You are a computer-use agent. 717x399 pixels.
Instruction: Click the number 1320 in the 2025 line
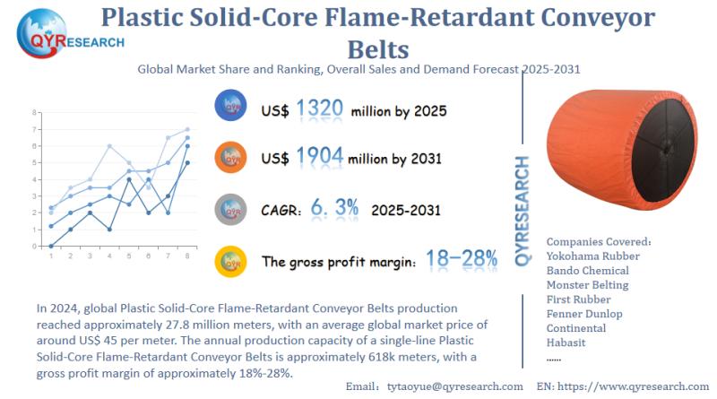point(319,109)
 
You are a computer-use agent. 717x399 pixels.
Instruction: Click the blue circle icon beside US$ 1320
point(231,107)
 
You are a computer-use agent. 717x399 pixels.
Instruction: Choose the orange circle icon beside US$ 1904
point(231,157)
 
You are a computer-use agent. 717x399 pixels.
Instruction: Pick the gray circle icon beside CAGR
point(231,208)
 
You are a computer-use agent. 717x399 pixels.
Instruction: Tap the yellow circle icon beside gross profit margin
point(231,260)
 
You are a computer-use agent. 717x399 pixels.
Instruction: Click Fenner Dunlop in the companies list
point(584,314)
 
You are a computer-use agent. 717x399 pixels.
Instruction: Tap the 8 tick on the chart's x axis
point(186,256)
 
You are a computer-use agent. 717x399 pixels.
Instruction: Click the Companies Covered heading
point(598,242)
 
